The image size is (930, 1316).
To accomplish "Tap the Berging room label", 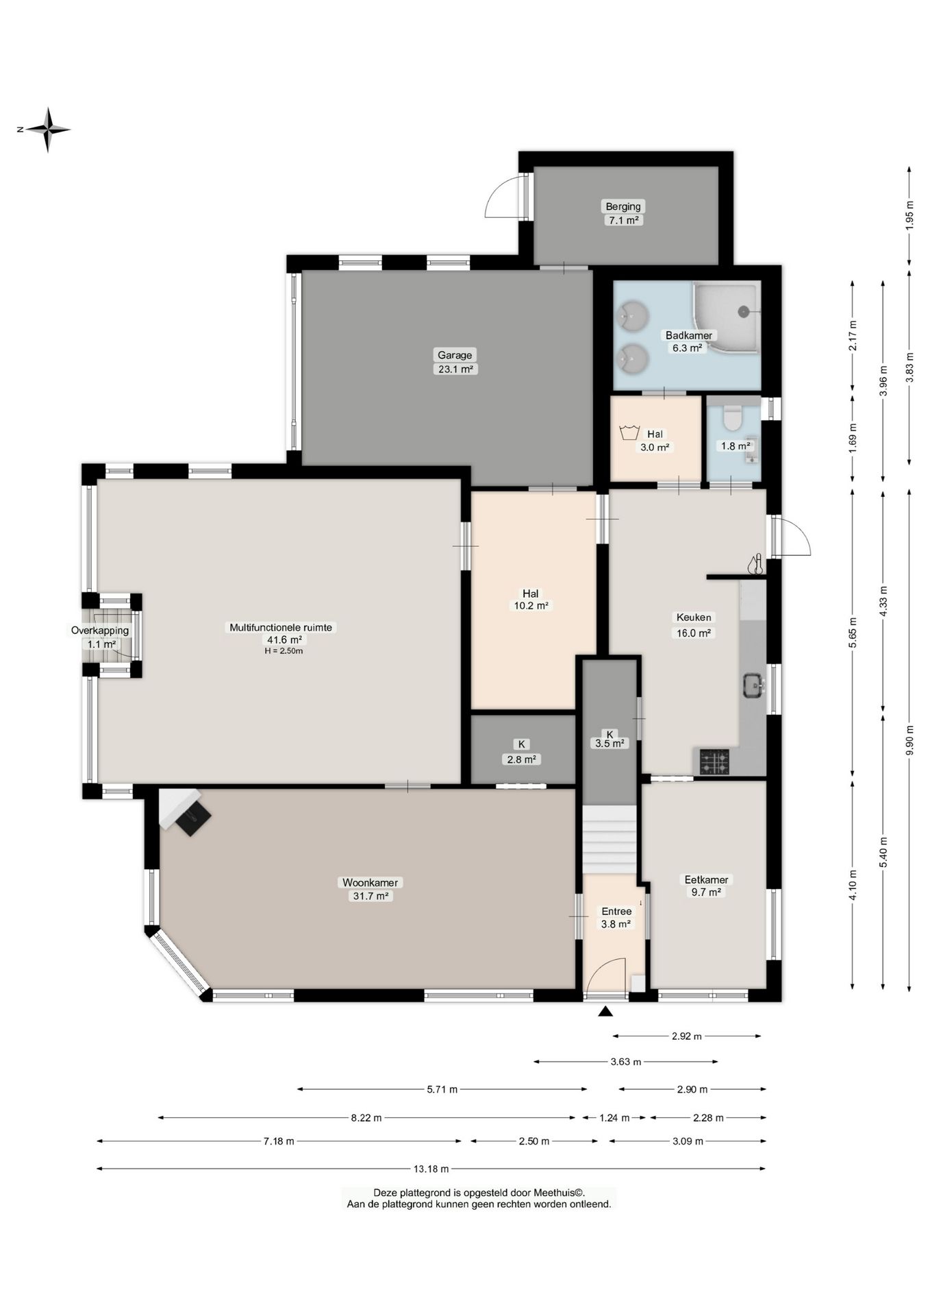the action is [623, 206].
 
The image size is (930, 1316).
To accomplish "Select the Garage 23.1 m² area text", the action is [455, 369].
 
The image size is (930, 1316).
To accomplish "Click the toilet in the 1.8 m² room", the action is [733, 416].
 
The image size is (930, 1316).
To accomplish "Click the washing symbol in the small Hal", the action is [629, 433].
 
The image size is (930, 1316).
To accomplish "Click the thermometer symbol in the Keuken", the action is [756, 564].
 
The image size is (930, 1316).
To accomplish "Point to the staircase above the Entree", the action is [610, 840].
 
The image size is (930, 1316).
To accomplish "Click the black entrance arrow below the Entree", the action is [605, 1012].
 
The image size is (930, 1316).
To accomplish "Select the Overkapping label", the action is [100, 631].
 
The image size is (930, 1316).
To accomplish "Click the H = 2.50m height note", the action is [284, 651].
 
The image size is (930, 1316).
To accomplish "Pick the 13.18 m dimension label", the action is [431, 1169].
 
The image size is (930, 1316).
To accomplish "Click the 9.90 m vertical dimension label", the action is [909, 740].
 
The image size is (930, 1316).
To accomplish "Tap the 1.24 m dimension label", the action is [614, 1118].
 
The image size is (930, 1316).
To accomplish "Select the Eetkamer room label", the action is [707, 879].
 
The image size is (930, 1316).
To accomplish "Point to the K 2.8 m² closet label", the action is [522, 752].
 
